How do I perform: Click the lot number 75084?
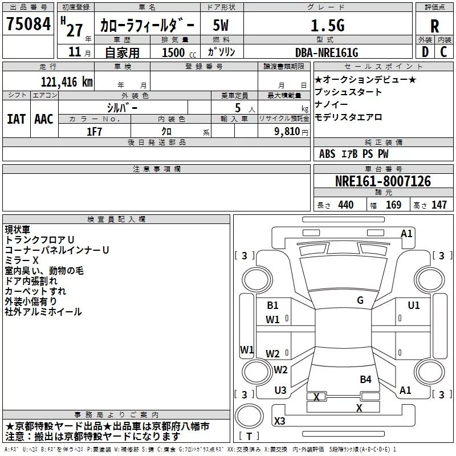(x=28, y=23)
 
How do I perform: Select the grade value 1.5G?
(x=328, y=25)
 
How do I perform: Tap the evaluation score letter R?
(x=434, y=26)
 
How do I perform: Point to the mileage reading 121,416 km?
(x=67, y=82)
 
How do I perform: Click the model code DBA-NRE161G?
(x=327, y=52)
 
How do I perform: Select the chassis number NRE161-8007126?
(x=383, y=181)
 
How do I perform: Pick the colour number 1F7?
(x=94, y=132)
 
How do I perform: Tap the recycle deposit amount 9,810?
(x=287, y=132)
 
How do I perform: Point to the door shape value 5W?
(x=221, y=25)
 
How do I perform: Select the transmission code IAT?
(x=16, y=119)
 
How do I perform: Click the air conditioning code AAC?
(x=44, y=119)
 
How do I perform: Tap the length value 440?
(x=346, y=205)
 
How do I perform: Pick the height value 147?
(x=439, y=205)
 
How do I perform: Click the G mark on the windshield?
(x=360, y=300)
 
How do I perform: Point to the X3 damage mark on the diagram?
(x=279, y=421)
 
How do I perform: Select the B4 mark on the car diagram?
(x=365, y=380)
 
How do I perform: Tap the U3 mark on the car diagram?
(x=280, y=390)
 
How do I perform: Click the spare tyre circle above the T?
(x=249, y=416)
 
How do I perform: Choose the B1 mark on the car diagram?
(x=272, y=306)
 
